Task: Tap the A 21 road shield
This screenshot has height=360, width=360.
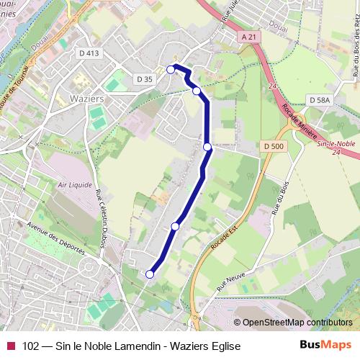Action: pos(249,37)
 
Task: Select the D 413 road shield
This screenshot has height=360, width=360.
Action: pos(90,53)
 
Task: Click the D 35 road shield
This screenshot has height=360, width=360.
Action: pos(144,78)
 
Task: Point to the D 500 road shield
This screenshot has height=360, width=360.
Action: pos(274,146)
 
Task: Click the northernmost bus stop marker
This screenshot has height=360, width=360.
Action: pos(171,69)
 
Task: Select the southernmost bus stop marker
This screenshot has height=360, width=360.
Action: pos(150,274)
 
